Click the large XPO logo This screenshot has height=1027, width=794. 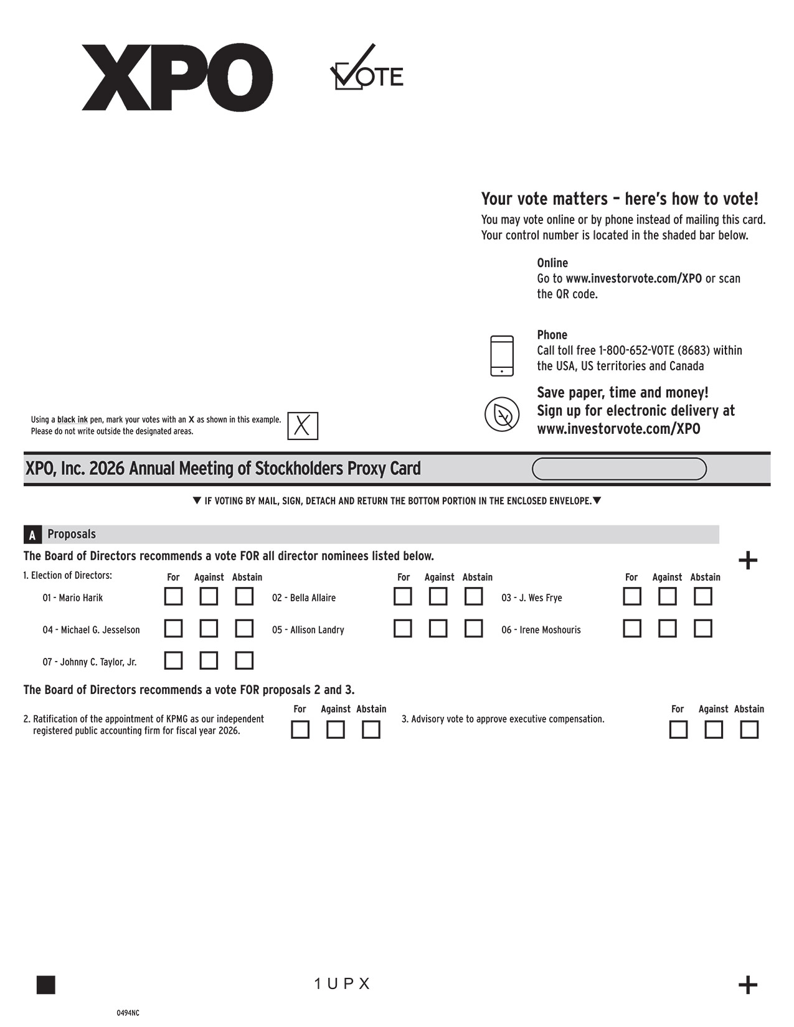point(177,77)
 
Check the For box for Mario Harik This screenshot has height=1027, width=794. point(173,596)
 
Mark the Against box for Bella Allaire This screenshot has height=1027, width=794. point(438,596)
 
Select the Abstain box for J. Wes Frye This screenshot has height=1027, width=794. point(702,596)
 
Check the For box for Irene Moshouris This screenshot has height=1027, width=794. point(631,628)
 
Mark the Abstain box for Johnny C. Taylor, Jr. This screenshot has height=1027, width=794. point(244,660)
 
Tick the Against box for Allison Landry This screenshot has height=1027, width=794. point(438,628)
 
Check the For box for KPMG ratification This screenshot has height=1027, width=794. point(300,729)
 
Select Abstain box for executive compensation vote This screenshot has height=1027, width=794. point(749,729)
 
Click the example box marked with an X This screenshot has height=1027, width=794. point(303,426)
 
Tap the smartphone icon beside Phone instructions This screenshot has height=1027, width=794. point(502,356)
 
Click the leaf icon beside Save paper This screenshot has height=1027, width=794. point(502,414)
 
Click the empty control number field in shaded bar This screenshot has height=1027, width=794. point(619,469)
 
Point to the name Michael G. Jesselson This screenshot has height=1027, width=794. point(92,630)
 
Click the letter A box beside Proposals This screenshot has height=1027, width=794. point(32,535)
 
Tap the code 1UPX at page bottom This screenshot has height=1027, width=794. point(342,983)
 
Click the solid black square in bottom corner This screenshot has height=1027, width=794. point(46,985)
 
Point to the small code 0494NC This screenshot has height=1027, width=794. point(128,1013)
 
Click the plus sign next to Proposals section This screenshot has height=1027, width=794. point(747,561)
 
